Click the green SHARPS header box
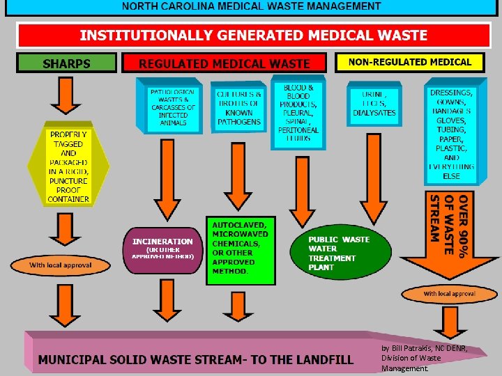pyautogui.click(x=66, y=63)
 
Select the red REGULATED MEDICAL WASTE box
pyautogui.click(x=224, y=63)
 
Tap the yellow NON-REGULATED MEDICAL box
pyautogui.click(x=409, y=62)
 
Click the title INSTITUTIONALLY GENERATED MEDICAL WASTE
pyautogui.click(x=253, y=35)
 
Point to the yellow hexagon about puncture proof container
pyautogui.click(x=68, y=166)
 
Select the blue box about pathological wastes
pyautogui.click(x=172, y=107)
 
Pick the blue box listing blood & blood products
pyautogui.click(x=298, y=114)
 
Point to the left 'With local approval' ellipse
pyautogui.click(x=60, y=265)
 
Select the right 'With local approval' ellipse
pyautogui.click(x=449, y=294)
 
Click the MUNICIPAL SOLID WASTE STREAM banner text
pyautogui.click(x=195, y=359)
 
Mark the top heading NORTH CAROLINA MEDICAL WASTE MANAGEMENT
pyautogui.click(x=252, y=6)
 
